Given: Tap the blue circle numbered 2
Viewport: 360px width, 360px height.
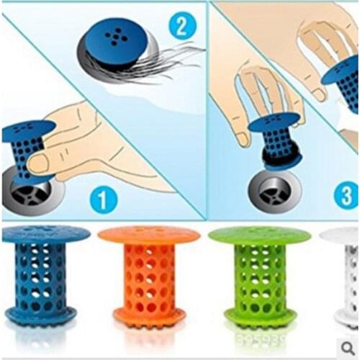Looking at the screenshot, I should (x=182, y=27).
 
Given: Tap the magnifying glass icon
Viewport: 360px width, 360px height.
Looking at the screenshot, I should (x=348, y=348).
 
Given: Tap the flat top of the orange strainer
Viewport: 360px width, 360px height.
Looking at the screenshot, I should (x=148, y=234).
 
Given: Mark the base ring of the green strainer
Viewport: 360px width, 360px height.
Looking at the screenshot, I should (x=249, y=315).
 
